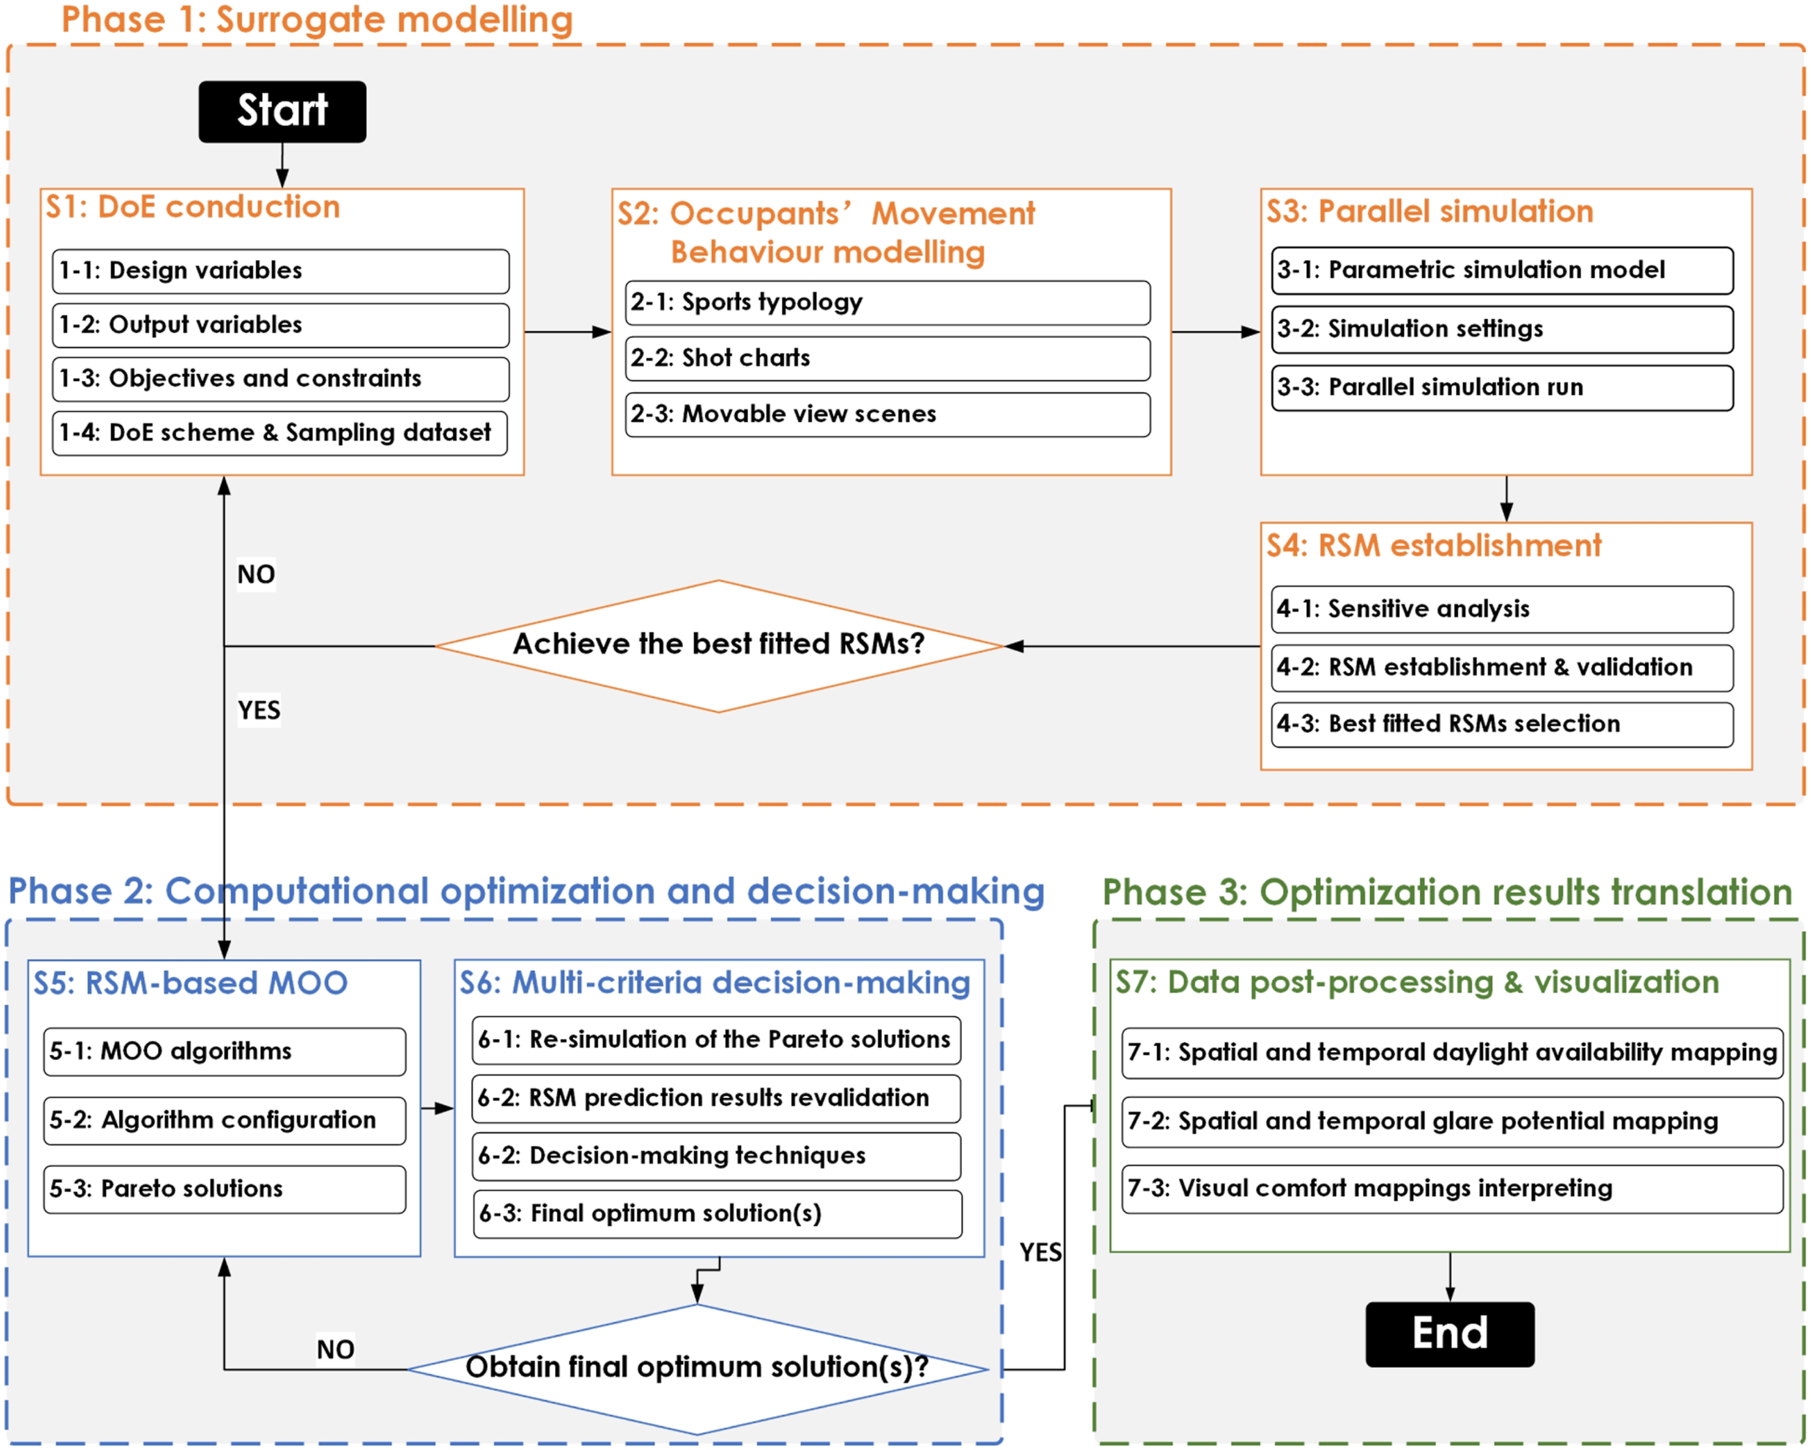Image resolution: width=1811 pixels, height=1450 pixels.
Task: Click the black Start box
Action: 282,112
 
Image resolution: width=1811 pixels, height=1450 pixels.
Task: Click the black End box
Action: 1450,1334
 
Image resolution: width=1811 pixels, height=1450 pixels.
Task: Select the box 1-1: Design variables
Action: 280,270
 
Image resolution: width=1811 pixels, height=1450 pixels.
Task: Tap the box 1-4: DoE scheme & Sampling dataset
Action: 280,432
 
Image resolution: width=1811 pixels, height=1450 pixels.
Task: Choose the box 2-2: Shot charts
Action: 888,358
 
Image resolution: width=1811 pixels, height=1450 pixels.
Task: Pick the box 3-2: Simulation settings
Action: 1503,329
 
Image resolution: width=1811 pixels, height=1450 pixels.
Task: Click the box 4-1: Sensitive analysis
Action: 1503,609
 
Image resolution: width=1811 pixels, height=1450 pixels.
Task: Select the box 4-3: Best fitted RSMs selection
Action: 1503,724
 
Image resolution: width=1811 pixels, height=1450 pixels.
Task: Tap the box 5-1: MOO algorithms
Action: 224,1051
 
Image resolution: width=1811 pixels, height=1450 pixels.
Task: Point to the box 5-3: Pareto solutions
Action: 224,1189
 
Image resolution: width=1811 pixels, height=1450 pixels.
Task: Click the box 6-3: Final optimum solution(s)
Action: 718,1214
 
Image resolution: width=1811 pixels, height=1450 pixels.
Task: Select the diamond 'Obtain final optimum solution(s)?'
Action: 697,1369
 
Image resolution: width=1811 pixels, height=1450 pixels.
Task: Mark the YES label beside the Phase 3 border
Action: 1041,1253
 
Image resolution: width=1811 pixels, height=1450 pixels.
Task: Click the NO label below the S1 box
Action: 256,574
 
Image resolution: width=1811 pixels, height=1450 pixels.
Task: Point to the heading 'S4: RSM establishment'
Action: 1434,546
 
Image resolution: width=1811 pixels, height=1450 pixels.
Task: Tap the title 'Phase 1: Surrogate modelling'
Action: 317,20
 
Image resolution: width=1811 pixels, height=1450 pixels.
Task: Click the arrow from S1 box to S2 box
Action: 568,332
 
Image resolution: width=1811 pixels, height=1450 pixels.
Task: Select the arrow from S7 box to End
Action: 1450,1277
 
